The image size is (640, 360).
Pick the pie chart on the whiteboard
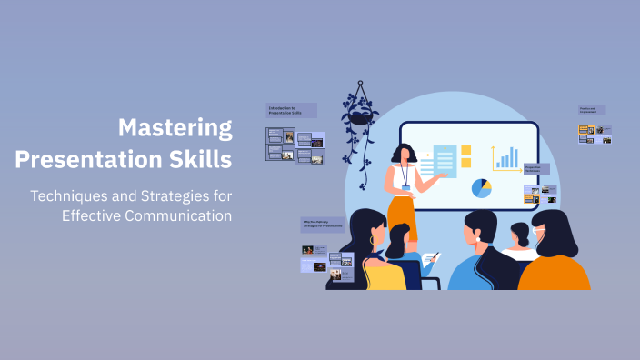tap(481, 188)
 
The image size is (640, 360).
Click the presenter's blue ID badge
tap(406, 187)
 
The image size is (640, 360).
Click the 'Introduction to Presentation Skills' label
tap(290, 110)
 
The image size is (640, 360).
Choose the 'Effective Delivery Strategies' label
tap(324, 224)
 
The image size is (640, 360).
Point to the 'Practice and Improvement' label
tap(592, 110)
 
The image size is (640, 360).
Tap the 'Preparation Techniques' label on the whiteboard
tap(535, 168)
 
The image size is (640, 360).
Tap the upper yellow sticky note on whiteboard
tap(466, 149)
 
